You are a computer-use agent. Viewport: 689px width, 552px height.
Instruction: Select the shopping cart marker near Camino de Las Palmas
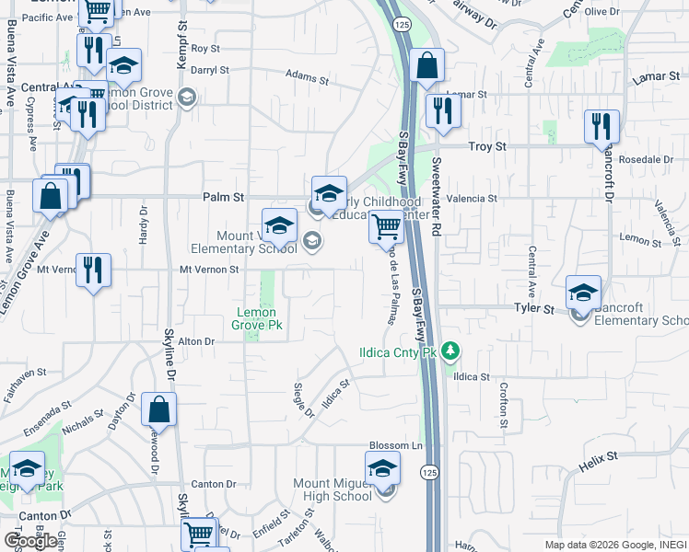(386, 226)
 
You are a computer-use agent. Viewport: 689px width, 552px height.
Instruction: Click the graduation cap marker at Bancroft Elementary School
(582, 293)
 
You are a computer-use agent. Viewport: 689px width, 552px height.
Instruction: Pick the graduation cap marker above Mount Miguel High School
(383, 470)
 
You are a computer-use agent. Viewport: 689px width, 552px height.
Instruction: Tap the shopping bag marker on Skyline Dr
(159, 410)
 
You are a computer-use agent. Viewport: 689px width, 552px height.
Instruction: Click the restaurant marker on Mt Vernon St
(93, 270)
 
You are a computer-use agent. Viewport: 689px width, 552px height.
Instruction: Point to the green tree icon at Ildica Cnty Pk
(450, 351)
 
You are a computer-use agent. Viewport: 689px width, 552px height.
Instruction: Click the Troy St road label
(487, 146)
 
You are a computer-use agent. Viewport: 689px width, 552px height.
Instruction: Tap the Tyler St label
(534, 310)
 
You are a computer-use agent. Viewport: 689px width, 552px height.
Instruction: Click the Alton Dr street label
(195, 341)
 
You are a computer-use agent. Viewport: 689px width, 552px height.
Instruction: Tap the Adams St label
(307, 77)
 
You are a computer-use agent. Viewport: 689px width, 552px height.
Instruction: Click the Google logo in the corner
(31, 541)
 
